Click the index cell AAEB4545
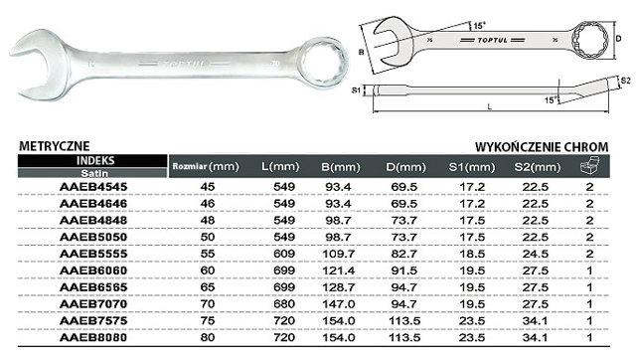(x=93, y=187)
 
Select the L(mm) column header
(x=280, y=167)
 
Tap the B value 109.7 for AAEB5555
(x=339, y=254)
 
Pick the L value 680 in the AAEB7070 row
(x=284, y=304)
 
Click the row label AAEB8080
(x=93, y=338)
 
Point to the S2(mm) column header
(x=538, y=167)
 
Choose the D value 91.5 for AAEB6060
(x=404, y=270)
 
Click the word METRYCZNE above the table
(x=55, y=146)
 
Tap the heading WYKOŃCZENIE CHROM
(x=542, y=146)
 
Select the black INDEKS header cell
(x=92, y=161)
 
